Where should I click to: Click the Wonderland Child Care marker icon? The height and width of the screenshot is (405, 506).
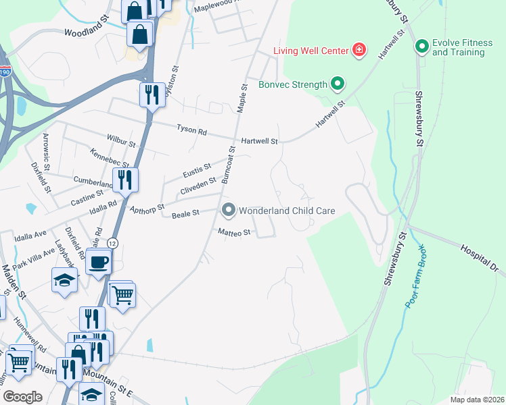click(x=229, y=211)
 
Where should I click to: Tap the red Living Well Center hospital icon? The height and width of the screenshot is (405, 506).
click(x=359, y=51)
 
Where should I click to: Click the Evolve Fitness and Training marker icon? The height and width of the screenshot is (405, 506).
click(x=422, y=47)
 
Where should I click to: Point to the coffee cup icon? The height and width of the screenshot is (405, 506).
click(x=99, y=262)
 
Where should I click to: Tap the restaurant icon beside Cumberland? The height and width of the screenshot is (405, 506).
click(x=125, y=180)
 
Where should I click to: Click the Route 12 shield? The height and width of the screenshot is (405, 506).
click(x=113, y=243)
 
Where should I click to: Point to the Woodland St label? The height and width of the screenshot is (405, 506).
click(x=87, y=32)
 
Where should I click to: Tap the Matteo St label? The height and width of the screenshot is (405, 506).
click(x=234, y=232)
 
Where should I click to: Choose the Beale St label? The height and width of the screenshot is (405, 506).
click(x=185, y=213)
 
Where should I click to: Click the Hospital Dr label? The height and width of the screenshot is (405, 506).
click(x=480, y=259)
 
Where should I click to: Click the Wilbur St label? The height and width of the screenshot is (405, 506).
click(x=121, y=144)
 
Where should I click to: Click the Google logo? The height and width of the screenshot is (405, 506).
click(x=22, y=396)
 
